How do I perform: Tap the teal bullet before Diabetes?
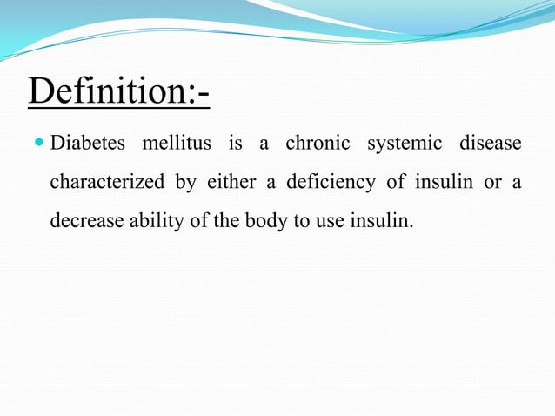click(x=40, y=143)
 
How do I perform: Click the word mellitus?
click(x=177, y=144)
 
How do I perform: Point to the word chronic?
click(x=318, y=144)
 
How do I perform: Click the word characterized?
click(x=107, y=183)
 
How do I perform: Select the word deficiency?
click(x=335, y=183)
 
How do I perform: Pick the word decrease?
click(x=86, y=221)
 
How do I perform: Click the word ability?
click(x=156, y=222)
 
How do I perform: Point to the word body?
click(x=264, y=222)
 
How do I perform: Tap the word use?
click(x=326, y=222)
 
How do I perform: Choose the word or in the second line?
click(x=492, y=183)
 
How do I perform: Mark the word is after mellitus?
click(x=235, y=144)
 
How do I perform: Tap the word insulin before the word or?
click(x=438, y=182)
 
